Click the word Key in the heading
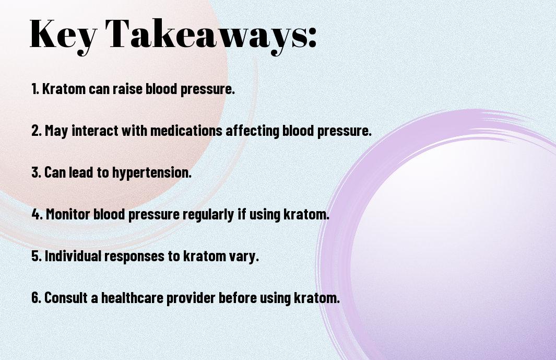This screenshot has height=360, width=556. tap(63, 35)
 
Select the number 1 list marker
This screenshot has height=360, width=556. tap(35, 89)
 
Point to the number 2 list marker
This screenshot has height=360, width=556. tap(37, 131)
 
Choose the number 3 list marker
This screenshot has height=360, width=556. tap(36, 172)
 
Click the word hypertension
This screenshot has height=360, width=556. tap(152, 173)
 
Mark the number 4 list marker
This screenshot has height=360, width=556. tap(37, 214)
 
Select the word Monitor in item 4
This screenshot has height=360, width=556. tap(68, 214)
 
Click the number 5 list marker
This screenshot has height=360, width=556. tap(37, 256)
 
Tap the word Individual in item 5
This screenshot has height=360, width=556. tap(73, 256)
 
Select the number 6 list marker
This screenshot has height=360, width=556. tap(37, 297)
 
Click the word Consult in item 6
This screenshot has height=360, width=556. tap(66, 297)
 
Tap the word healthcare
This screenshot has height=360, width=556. tap(132, 297)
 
